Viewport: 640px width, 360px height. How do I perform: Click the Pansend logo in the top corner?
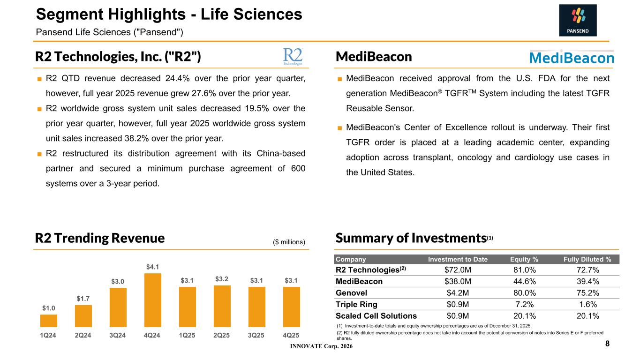(578, 20)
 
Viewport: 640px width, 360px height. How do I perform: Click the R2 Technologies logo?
(293, 56)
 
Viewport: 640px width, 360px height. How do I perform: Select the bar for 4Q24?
(153, 300)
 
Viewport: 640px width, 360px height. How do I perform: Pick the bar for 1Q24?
(49, 321)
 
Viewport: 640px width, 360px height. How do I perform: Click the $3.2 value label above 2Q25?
(222, 280)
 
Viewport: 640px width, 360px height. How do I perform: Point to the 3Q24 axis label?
(118, 336)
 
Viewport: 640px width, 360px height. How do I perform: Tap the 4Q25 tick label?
(291, 336)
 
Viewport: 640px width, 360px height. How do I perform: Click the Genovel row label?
(351, 293)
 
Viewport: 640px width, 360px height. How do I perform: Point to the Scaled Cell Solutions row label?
(376, 316)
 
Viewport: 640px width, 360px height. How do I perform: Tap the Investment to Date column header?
(458, 259)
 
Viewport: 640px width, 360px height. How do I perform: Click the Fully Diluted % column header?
(587, 259)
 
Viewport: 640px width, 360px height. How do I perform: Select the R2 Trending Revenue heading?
(100, 238)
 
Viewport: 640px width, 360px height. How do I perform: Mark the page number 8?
(607, 344)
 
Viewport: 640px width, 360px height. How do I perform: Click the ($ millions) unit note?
(289, 242)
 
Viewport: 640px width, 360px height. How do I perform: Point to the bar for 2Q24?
(83, 316)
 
